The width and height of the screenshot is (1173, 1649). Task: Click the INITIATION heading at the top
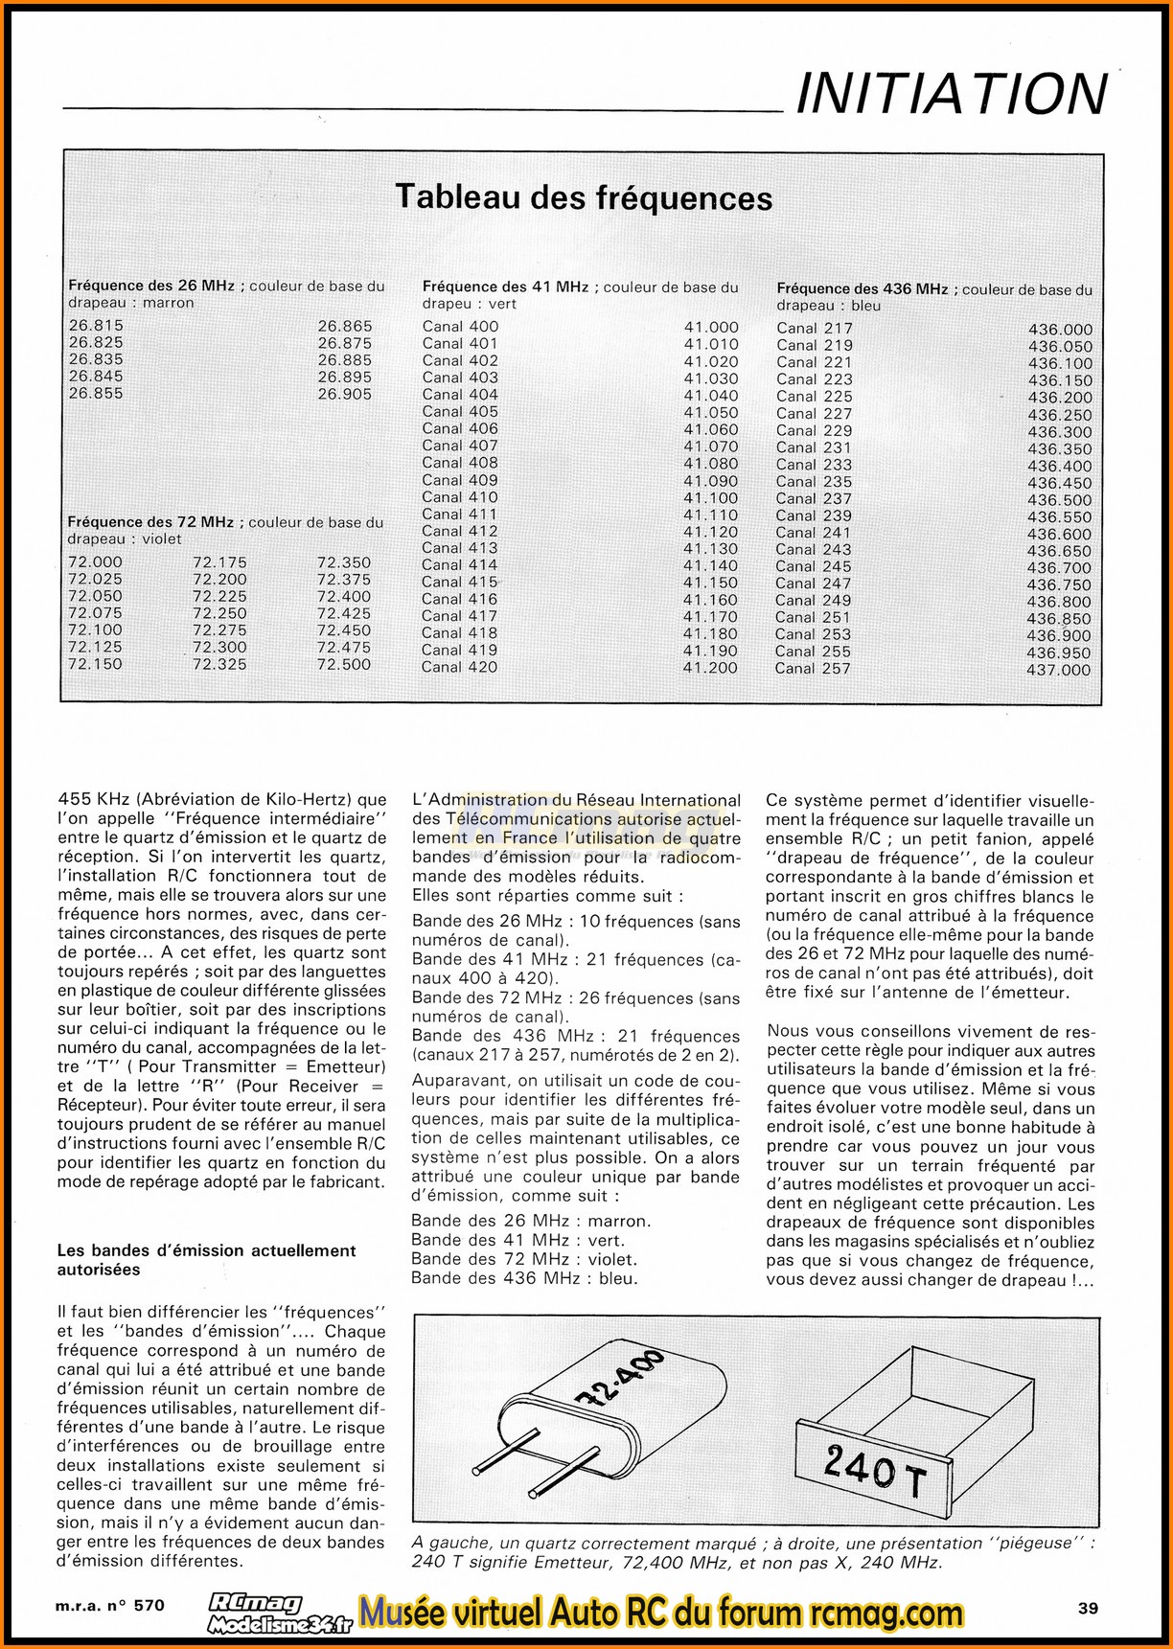coord(952,94)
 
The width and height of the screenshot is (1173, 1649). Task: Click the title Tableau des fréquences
coord(585,197)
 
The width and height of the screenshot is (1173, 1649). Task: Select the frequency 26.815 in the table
coord(96,325)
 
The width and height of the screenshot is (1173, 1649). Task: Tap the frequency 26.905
coord(345,394)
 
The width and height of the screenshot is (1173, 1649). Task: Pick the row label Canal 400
coord(460,327)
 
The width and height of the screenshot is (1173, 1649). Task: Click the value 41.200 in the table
coord(710,667)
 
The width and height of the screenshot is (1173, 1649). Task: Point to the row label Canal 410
coord(460,496)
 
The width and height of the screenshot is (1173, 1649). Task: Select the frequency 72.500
coord(344,664)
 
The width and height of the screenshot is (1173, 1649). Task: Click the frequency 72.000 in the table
coord(95,562)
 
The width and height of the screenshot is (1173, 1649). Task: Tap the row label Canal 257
coord(813,668)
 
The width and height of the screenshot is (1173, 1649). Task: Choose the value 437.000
coord(1059,670)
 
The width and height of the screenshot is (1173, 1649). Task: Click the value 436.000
coord(1060,330)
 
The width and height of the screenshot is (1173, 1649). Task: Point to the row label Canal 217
coord(815,329)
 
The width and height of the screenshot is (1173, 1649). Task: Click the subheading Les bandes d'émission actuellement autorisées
coord(206,1260)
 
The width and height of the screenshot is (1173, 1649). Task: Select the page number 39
coord(1087,1608)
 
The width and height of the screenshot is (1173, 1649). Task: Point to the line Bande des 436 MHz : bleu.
coord(524,1278)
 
